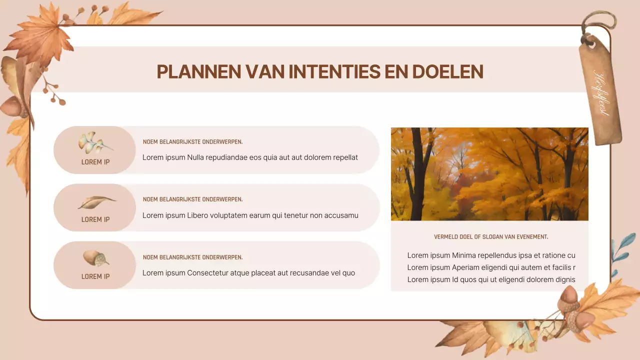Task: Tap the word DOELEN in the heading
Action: (x=447, y=72)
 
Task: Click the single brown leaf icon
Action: (x=96, y=202)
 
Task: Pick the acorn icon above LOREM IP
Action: (x=95, y=258)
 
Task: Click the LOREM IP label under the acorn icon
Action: (x=95, y=276)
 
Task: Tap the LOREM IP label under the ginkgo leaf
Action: (x=95, y=162)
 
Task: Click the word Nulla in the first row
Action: (x=196, y=157)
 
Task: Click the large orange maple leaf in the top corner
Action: (x=40, y=35)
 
